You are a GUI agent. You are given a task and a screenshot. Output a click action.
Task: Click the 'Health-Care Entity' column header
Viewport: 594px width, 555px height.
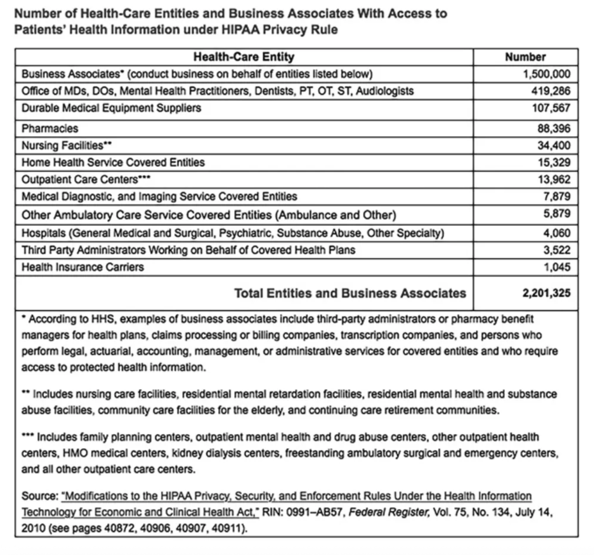(244, 57)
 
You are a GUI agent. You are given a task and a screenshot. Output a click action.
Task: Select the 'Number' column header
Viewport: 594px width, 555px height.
(525, 57)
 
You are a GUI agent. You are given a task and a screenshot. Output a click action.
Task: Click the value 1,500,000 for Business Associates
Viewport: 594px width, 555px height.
(547, 74)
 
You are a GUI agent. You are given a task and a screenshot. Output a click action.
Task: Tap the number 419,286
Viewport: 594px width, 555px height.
(551, 91)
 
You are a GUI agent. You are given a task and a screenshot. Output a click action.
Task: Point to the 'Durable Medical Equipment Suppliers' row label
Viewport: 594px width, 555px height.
(111, 108)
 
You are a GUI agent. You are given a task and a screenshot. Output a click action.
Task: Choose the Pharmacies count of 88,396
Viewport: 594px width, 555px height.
(554, 129)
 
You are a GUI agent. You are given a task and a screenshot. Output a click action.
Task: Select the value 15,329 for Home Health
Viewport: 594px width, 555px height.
(554, 162)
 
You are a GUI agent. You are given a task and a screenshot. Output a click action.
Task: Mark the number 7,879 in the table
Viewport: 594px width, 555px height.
(557, 196)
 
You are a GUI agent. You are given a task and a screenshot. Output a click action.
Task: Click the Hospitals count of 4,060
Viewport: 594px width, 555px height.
(557, 233)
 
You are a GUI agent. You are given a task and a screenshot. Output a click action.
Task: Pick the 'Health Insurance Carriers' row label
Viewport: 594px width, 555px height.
(83, 267)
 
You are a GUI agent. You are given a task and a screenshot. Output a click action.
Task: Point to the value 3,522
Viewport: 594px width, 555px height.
(557, 250)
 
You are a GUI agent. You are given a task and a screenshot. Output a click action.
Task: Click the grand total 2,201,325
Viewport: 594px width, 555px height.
(546, 293)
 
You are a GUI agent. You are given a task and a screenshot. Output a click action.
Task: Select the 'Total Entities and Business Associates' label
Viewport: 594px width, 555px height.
(350, 293)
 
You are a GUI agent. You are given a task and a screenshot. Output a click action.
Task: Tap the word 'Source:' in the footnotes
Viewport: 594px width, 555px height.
(40, 496)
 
